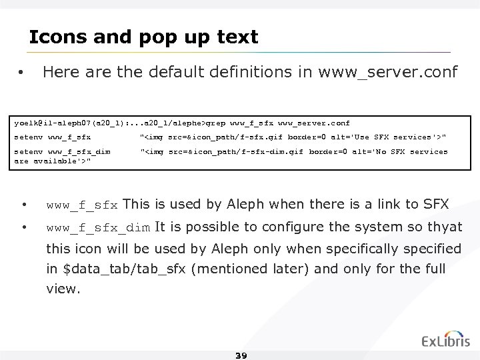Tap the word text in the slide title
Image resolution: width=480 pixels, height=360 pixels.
pos(237,37)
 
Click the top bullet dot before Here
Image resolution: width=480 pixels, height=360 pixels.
pos(22,72)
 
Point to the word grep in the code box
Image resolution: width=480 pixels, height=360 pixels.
pos(215,123)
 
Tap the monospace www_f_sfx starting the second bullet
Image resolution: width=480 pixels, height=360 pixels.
pos(82,204)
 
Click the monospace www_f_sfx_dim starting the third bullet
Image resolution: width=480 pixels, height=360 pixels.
pos(98,227)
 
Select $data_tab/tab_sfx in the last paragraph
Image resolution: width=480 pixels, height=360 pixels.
pos(108,269)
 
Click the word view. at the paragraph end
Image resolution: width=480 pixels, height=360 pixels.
pos(62,290)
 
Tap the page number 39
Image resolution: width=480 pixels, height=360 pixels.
pos(241,355)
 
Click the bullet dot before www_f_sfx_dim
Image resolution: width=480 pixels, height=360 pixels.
pos(24,228)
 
